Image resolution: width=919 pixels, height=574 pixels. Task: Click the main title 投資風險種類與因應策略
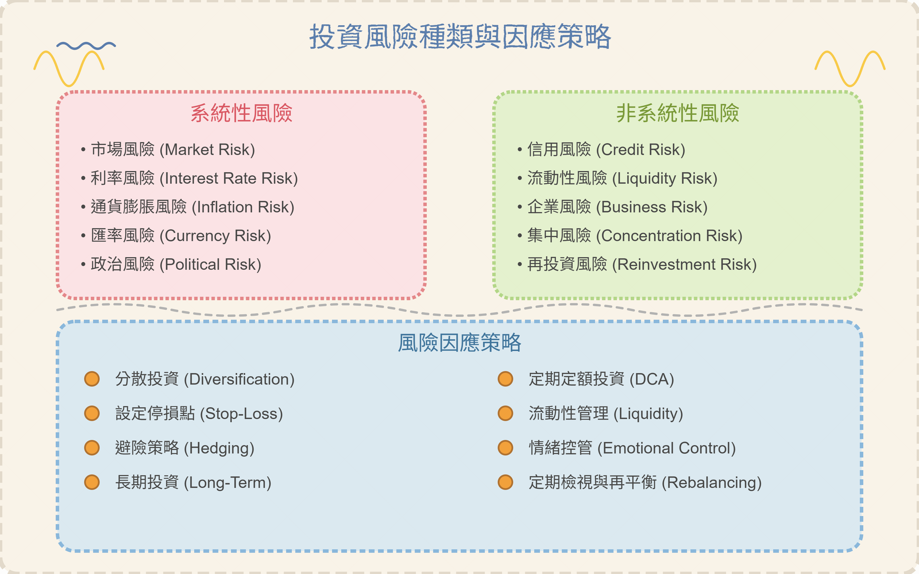[459, 37]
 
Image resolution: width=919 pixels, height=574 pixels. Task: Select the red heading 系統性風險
[242, 113]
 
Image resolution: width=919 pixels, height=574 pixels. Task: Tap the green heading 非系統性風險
[677, 113]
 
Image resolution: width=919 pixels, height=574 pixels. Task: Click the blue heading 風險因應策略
[459, 343]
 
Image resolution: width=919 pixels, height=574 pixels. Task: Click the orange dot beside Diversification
[92, 379]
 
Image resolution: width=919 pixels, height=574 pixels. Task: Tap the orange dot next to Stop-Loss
[92, 413]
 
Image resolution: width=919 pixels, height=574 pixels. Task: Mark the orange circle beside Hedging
[92, 448]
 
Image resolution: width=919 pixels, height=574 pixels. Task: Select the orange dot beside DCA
[505, 379]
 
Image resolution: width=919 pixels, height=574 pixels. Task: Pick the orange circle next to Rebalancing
[505, 482]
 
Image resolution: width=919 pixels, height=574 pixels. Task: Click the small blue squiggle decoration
[86, 46]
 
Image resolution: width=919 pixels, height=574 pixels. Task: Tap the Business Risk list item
[617, 207]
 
